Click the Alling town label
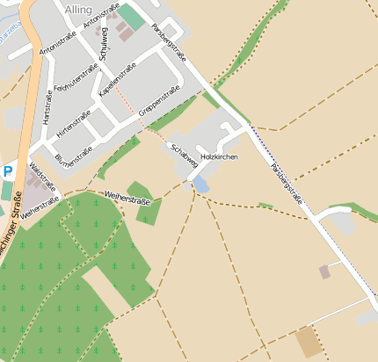pyautogui.click(x=77, y=9)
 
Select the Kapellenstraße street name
pyautogui.click(x=118, y=79)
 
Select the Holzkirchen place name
pyautogui.click(x=219, y=156)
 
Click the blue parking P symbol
pyautogui.click(x=8, y=172)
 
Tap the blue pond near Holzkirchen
pyautogui.click(x=202, y=185)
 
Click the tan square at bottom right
pyautogui.click(x=309, y=342)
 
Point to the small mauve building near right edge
pyautogui.click(x=324, y=271)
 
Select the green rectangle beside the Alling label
pyautogui.click(x=131, y=16)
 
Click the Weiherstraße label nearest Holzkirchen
pyautogui.click(x=127, y=197)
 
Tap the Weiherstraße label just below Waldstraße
pyautogui.click(x=39, y=207)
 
